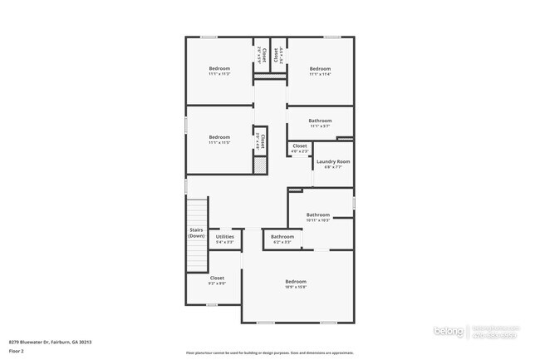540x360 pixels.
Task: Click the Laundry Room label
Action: [332, 161]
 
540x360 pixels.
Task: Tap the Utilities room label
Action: [225, 237]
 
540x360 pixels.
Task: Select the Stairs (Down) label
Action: [196, 234]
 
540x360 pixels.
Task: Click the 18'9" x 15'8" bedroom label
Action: [296, 282]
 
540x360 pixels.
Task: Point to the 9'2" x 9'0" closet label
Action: [217, 279]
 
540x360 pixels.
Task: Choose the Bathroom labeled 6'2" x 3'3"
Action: [282, 237]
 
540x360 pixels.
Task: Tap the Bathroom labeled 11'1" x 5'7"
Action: [321, 121]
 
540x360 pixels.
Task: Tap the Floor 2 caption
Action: [17, 351]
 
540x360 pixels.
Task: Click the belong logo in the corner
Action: [450, 332]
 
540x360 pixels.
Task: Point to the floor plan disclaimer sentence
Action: [269, 353]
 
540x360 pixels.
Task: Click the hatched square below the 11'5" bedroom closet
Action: [260, 165]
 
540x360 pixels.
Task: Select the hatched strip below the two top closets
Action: [270, 77]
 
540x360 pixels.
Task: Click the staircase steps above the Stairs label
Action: [196, 211]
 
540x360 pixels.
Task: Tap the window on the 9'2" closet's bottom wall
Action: [213, 305]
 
